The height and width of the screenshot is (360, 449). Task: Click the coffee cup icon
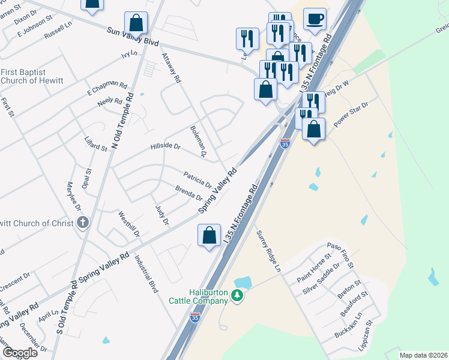[x=315, y=19]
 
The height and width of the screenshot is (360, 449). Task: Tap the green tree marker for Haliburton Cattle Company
[x=238, y=295]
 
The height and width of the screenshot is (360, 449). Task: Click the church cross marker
[x=83, y=223]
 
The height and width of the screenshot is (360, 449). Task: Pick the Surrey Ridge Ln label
[x=268, y=252]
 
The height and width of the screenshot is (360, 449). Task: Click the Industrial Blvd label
[x=146, y=274]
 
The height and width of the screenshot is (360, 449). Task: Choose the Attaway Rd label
[x=171, y=67]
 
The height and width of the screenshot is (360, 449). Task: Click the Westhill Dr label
[x=129, y=224]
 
